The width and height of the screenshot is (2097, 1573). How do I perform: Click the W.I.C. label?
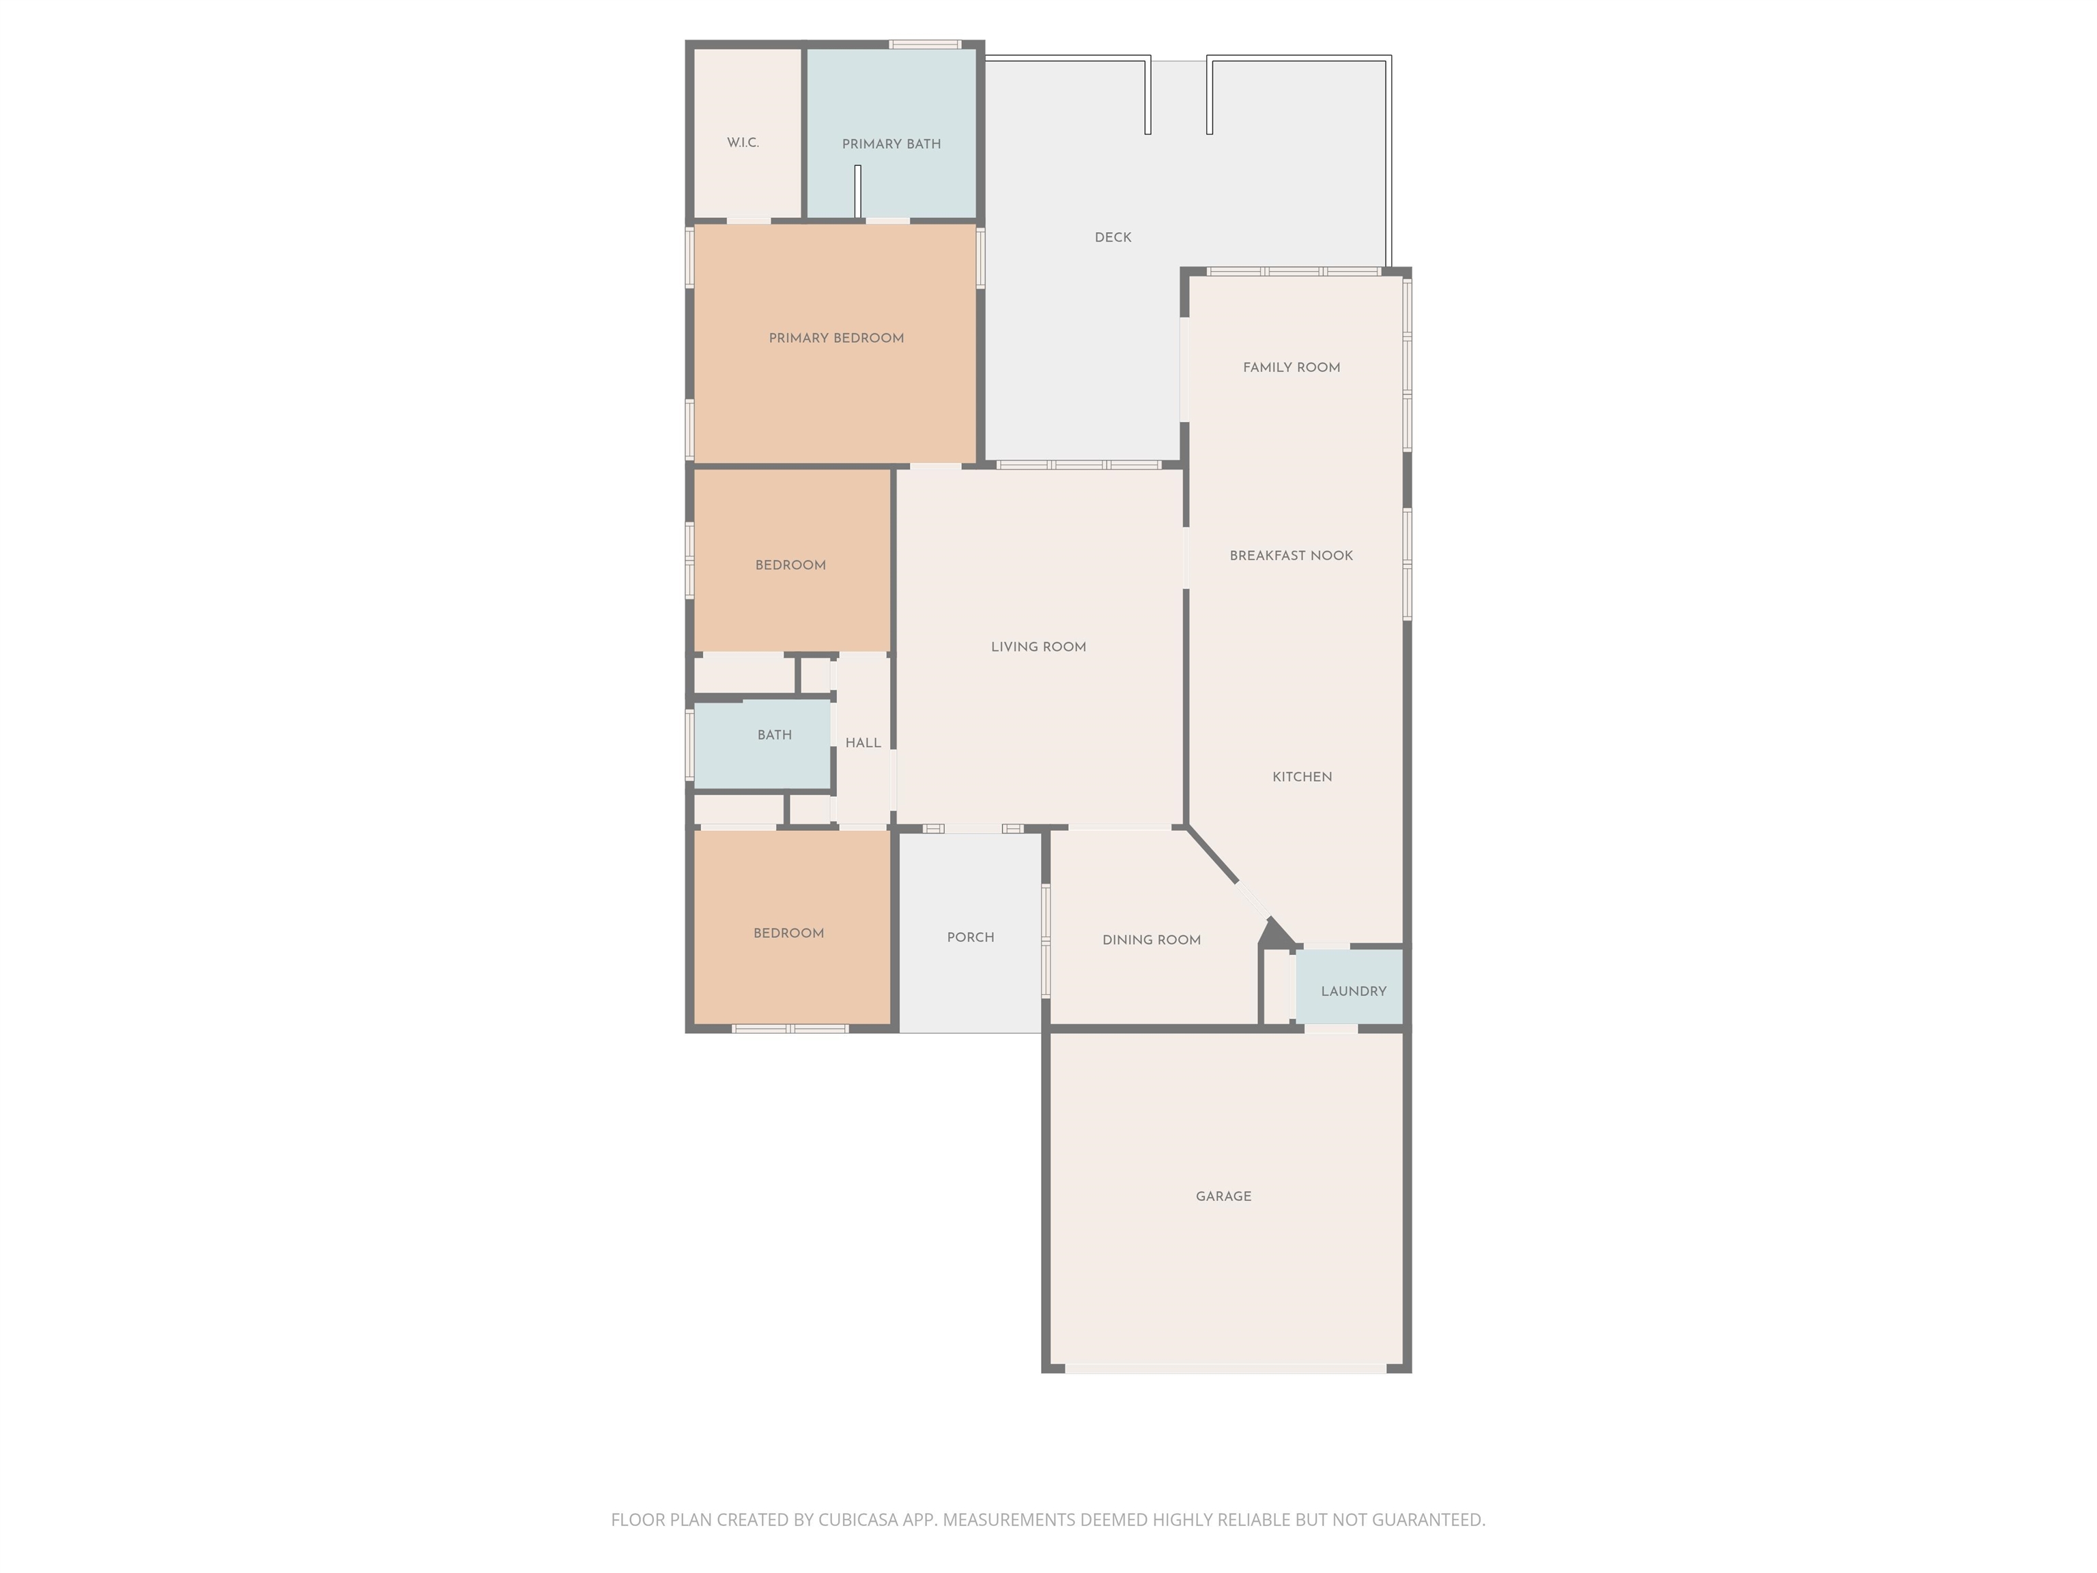[743, 143]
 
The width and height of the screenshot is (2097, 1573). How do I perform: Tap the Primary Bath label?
[891, 144]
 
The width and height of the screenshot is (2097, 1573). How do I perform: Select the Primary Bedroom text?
[836, 339]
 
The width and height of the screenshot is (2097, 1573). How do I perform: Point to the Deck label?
[1113, 238]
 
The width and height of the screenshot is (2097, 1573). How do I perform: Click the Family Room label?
[1292, 368]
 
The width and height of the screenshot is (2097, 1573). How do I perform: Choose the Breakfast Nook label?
[1292, 556]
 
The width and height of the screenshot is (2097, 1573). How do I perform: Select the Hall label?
[863, 743]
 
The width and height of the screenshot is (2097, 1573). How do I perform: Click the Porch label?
[971, 938]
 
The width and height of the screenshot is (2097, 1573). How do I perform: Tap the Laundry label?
[1354, 992]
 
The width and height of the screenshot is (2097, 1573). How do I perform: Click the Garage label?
[1223, 1197]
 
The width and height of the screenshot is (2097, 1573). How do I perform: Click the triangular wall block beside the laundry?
[1276, 934]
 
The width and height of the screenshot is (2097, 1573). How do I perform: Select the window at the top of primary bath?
[925, 44]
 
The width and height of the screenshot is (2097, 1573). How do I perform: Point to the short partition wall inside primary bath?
[857, 193]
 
